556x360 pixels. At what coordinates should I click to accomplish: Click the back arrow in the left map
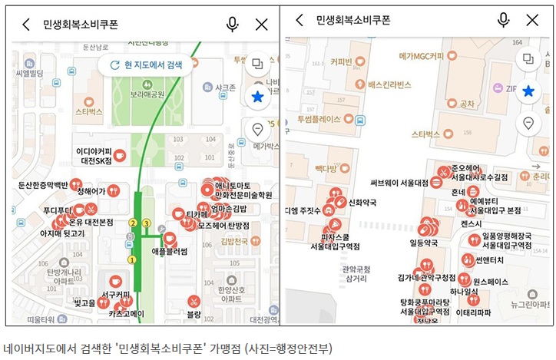[x=26, y=24]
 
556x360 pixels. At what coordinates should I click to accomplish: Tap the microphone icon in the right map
[x=504, y=20]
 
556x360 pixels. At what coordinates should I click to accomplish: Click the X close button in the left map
[x=261, y=24]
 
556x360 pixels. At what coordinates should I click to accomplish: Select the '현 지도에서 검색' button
[x=147, y=65]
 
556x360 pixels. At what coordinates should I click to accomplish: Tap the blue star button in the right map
[x=528, y=91]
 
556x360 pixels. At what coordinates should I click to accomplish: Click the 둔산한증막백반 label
[x=43, y=184]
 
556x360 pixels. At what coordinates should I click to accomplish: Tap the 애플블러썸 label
[x=170, y=251]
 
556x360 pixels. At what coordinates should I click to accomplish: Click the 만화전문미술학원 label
[x=243, y=195]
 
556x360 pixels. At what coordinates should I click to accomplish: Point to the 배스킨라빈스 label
[x=389, y=84]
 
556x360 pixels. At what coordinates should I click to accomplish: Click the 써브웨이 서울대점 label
[x=399, y=183]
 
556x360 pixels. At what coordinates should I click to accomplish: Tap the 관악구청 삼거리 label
[x=356, y=274]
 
